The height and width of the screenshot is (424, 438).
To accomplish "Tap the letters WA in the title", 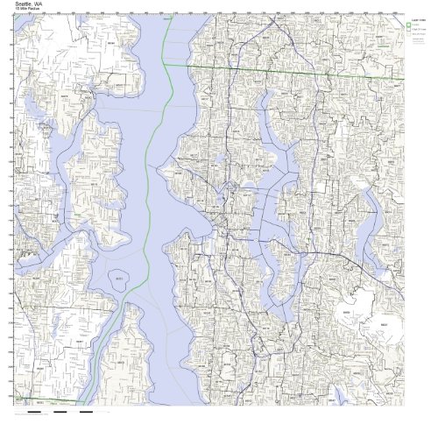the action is click(x=38, y=4).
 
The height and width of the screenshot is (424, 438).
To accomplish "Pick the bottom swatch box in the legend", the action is click(x=408, y=34).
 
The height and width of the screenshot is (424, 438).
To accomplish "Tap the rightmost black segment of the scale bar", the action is click(x=87, y=410).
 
